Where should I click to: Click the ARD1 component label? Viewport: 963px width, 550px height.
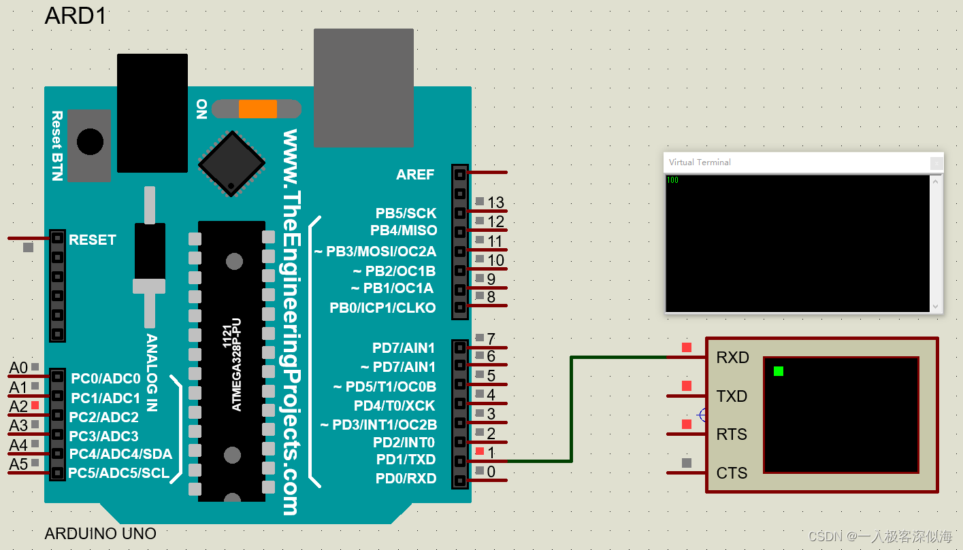coord(76,15)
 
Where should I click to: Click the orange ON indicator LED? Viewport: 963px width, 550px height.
coord(257,109)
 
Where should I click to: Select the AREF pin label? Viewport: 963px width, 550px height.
coord(414,175)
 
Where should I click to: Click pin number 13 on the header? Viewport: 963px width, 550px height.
coord(495,203)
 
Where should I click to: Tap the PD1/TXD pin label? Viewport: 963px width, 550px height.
coord(406,460)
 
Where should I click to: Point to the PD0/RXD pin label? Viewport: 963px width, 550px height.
coord(406,479)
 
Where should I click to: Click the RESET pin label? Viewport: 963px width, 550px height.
coord(92,240)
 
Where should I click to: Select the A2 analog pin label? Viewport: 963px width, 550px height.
coord(18,407)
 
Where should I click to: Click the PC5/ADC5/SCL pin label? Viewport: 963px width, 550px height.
coord(120,473)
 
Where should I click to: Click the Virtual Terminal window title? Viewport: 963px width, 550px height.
coord(700,162)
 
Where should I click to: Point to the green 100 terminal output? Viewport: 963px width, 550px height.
coord(672,180)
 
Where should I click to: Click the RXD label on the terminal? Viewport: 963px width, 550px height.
coord(732,358)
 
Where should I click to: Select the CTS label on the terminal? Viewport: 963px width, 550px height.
coord(732,473)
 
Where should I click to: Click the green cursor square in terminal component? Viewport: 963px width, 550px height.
coord(779,371)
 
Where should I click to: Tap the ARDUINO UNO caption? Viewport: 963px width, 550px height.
coord(100,534)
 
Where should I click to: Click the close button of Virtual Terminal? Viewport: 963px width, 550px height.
coord(936,163)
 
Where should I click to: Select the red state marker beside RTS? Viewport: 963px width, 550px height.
coord(687,424)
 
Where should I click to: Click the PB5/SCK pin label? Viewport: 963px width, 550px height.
coord(406,213)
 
